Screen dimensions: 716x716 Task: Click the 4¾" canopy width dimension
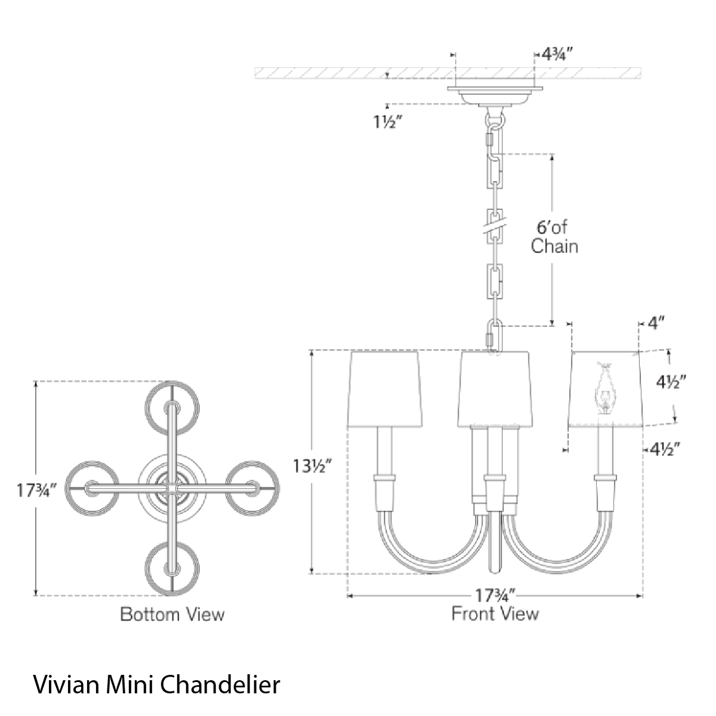pos(555,55)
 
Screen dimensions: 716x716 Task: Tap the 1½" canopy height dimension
pos(388,122)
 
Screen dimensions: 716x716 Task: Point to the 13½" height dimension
pos(312,467)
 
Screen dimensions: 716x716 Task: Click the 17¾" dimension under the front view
pos(495,596)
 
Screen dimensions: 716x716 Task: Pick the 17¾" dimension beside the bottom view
pos(36,490)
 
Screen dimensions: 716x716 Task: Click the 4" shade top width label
pos(656,323)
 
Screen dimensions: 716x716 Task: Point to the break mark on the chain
pos(495,227)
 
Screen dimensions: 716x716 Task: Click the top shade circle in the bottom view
pos(172,408)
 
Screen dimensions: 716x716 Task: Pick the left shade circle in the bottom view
pos(92,489)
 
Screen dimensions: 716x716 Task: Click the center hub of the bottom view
pos(172,489)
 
